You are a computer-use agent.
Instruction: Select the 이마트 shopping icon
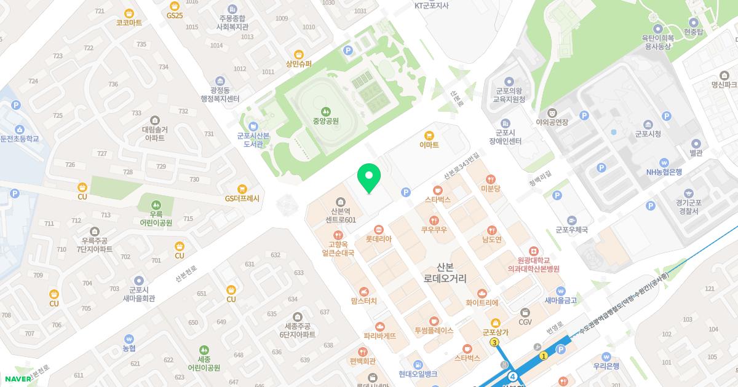pyautogui.click(x=429, y=135)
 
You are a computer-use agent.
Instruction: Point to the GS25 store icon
pyautogui.click(x=175, y=5)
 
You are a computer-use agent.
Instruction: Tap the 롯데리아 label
pyautogui.click(x=378, y=239)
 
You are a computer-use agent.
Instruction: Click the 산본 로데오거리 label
pyautogui.click(x=445, y=273)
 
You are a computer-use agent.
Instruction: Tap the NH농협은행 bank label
pyautogui.click(x=664, y=172)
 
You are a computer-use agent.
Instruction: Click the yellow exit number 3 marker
pyautogui.click(x=494, y=342)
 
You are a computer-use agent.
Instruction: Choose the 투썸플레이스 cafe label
pyautogui.click(x=434, y=330)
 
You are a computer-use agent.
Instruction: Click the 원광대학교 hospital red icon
pyautogui.click(x=533, y=251)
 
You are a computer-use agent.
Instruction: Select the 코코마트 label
pyautogui.click(x=129, y=23)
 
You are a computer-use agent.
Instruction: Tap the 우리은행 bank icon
pyautogui.click(x=606, y=356)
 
